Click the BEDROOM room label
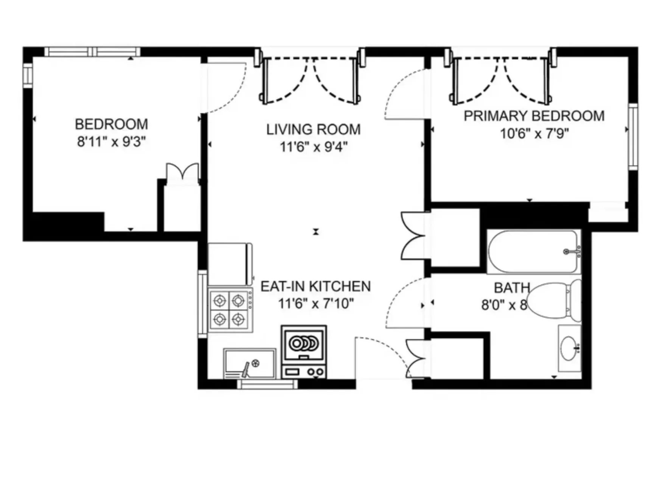[x=111, y=124]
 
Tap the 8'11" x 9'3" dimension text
[x=111, y=142]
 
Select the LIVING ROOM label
[x=313, y=129]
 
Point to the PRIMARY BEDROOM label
[x=534, y=116]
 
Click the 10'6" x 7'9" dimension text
[x=534, y=133]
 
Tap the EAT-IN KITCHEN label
[x=315, y=286]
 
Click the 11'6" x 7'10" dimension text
[x=315, y=303]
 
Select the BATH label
[x=511, y=288]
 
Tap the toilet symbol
[x=553, y=301]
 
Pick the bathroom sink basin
[x=569, y=348]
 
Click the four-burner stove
[x=229, y=310]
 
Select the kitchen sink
[x=250, y=363]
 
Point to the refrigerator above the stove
[x=229, y=264]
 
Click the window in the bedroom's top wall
[x=92, y=52]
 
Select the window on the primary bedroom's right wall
[x=633, y=137]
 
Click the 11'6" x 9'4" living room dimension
[x=313, y=147]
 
